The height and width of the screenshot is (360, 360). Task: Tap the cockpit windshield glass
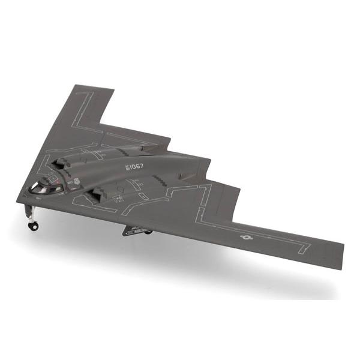tap(47, 187)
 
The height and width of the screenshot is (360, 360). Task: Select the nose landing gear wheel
tap(34, 226)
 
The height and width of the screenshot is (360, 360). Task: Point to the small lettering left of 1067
tap(127, 166)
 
